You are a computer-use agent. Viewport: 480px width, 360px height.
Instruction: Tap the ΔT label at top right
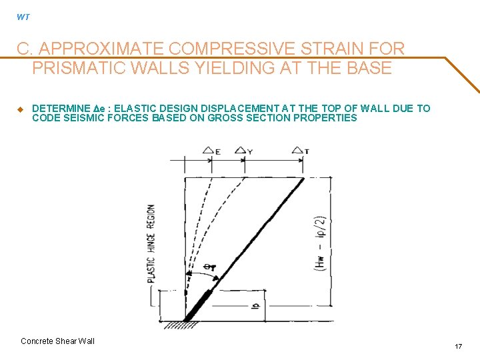tap(301, 151)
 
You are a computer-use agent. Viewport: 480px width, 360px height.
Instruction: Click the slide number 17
tap(458, 347)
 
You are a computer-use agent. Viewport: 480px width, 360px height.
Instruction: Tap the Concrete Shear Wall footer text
tap(58, 341)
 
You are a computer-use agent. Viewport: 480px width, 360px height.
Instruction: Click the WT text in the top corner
tap(23, 17)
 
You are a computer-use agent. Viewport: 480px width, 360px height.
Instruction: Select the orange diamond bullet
tap(20, 109)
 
